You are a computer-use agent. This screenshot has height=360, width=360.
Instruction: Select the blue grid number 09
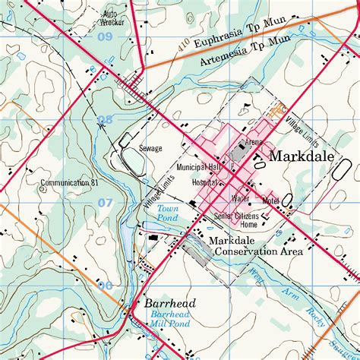tap(104, 37)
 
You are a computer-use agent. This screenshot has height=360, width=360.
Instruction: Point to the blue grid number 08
tap(104, 119)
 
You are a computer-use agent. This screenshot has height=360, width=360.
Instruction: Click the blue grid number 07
tap(104, 203)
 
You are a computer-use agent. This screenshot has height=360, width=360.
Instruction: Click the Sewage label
tap(150, 149)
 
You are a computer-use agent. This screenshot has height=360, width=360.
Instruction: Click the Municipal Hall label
tap(198, 166)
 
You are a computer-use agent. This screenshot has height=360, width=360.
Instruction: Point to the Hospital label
tap(204, 183)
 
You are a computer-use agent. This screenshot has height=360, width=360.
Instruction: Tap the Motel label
tap(270, 201)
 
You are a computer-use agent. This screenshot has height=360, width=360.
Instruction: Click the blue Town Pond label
tap(166, 213)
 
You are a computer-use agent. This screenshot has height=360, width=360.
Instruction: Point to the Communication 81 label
tap(70, 183)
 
